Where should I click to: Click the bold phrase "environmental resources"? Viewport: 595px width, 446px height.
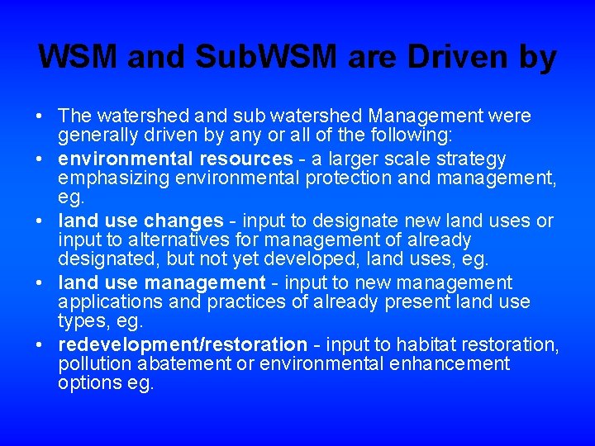pos(175,158)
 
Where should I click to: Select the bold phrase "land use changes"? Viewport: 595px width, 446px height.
pos(140,221)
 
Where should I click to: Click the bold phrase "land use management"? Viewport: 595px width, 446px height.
pos(162,282)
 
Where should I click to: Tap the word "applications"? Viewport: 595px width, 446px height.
pos(106,302)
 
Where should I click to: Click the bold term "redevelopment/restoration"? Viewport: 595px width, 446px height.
pos(183,344)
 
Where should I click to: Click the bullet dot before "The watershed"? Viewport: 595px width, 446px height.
pos(41,117)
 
